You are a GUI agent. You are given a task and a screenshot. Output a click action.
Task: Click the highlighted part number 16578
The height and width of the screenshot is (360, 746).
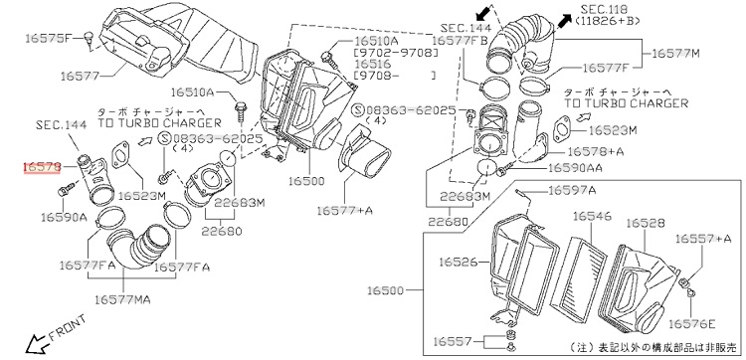(x=43, y=167)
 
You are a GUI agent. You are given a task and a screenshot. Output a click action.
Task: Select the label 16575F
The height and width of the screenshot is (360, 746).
(x=48, y=39)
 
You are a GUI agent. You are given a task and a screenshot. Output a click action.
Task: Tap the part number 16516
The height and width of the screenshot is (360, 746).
(x=373, y=64)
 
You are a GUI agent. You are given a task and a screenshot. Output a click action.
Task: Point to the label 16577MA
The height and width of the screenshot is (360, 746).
(x=122, y=299)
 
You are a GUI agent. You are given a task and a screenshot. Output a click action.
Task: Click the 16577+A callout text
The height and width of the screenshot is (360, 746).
(x=345, y=210)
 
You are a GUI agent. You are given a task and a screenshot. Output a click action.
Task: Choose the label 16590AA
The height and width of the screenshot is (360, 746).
(x=575, y=168)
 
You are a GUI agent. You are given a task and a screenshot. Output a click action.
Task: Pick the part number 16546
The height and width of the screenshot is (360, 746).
(x=592, y=217)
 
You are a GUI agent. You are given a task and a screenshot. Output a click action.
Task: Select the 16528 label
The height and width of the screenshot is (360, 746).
(x=646, y=223)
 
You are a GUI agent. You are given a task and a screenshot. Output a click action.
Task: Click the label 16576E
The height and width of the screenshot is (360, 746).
(x=691, y=324)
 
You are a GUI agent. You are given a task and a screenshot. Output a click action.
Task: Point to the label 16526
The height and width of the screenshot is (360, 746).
(x=458, y=262)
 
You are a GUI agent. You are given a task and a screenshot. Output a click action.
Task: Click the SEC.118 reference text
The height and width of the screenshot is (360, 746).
(x=604, y=10)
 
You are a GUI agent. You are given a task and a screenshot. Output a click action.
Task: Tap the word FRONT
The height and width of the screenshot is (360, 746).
(x=67, y=327)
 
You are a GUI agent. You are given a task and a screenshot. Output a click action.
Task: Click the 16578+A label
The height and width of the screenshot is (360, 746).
(x=591, y=151)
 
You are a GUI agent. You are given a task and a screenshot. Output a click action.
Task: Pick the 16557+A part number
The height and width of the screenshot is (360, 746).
(x=702, y=239)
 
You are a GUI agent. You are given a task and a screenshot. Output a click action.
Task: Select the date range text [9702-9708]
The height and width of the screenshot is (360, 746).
(x=395, y=53)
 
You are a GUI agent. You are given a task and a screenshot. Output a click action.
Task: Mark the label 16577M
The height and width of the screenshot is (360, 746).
(x=675, y=54)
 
